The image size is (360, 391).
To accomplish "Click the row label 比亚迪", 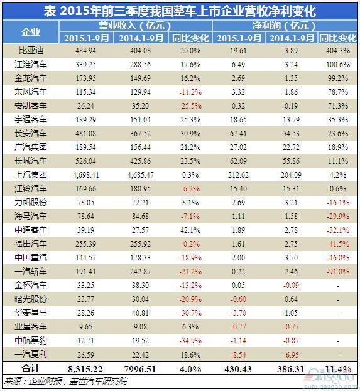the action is point(31,51).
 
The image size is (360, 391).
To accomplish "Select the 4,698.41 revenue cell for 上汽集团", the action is point(86,175).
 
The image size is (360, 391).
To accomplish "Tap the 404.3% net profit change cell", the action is point(338,51).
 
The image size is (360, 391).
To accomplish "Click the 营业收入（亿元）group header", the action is point(135,26).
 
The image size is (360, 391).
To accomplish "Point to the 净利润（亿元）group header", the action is point(284,26).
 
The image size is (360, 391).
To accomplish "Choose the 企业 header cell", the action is point(31,32).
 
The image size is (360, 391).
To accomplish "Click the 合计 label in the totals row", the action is point(31,368).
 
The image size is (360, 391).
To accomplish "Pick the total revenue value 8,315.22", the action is point(85,369).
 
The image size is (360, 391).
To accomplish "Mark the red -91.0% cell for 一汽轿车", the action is point(338,271).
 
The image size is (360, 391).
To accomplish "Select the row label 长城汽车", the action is point(31,161).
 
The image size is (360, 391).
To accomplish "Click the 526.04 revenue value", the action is point(85,161).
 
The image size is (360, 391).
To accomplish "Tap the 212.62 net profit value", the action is point(238,175).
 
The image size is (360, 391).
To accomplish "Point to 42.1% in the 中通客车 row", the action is point(190,230).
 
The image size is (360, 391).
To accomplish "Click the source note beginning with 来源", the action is point(66,381).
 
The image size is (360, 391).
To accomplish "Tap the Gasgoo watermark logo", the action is point(330,377).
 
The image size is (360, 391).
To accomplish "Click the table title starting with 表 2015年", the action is point(180,11).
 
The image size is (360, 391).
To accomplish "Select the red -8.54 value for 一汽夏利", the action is point(238,355).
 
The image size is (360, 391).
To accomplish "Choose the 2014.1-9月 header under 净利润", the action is point(292,38).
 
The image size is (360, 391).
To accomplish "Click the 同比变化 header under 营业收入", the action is point(190,38).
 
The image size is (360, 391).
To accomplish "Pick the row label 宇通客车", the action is point(31,119).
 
